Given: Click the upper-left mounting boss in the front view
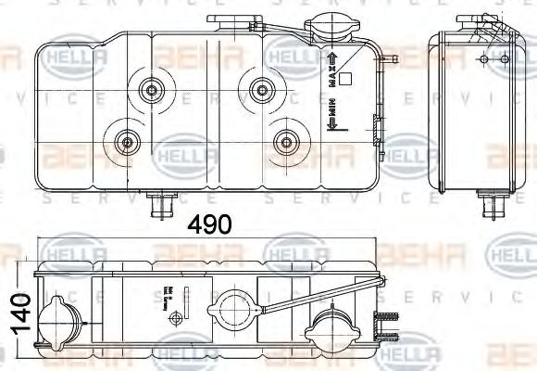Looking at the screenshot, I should pos(148,90).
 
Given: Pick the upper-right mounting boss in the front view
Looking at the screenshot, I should pos(257,89).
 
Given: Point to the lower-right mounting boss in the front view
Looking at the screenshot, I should pos(284,142).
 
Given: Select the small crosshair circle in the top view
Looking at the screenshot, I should pos(173,318).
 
